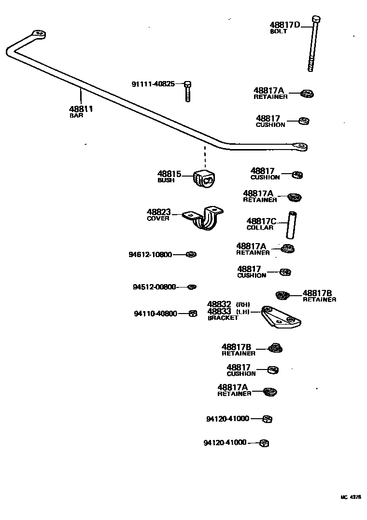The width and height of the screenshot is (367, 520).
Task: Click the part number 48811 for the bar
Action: pyautogui.click(x=81, y=109)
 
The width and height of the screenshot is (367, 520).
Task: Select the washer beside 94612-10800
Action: pyautogui.click(x=191, y=254)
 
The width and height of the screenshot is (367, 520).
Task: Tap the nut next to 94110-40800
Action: pyautogui.click(x=192, y=314)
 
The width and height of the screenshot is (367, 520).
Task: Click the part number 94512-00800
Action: pyautogui.click(x=154, y=287)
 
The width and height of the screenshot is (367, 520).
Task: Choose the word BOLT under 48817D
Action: pyautogui.click(x=279, y=31)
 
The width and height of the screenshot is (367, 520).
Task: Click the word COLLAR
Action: pyautogui.click(x=260, y=228)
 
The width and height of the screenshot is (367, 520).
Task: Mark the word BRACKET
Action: pyautogui.click(x=223, y=318)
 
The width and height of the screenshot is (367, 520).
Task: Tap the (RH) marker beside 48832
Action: pyautogui.click(x=243, y=304)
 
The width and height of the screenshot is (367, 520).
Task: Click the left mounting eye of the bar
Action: pyautogui.click(x=38, y=34)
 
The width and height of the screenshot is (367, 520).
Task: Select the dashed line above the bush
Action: pyautogui.click(x=204, y=157)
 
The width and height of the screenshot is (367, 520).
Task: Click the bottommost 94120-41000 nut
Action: pyautogui.click(x=264, y=443)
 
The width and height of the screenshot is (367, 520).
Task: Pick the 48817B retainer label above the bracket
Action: pyautogui.click(x=317, y=293)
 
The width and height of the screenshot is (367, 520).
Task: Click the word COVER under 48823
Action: pyautogui.click(x=158, y=219)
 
